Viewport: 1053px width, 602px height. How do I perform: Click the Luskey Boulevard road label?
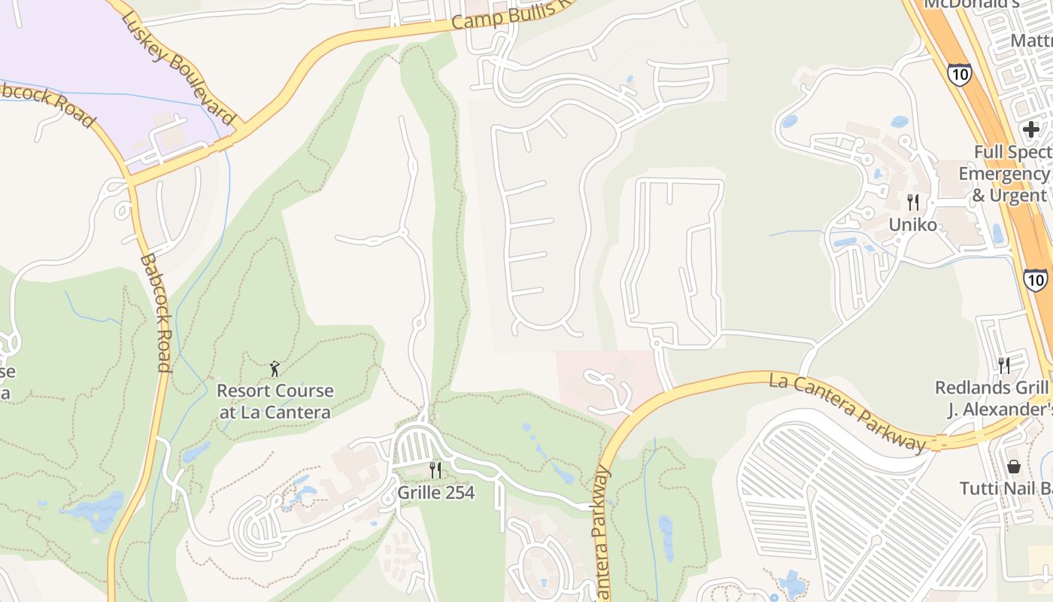(178, 68)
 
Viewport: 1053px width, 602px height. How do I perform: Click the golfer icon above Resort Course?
(275, 369)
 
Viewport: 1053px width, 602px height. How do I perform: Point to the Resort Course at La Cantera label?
(275, 401)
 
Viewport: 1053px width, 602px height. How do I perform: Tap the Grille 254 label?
(436, 494)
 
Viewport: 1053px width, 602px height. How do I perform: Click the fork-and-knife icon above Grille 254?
(435, 470)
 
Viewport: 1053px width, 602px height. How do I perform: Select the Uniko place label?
(913, 224)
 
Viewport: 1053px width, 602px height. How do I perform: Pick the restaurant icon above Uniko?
(913, 202)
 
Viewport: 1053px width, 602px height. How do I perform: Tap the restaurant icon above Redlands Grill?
(1004, 365)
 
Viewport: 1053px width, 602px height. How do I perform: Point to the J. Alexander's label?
(1000, 409)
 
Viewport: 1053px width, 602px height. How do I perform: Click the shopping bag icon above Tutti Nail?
(1013, 467)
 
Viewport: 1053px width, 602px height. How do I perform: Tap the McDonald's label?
(970, 4)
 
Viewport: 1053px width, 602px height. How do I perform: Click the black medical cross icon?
(1030, 129)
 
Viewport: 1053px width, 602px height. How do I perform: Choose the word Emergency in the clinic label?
(1003, 174)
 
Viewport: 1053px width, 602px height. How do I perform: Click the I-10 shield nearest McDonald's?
(959, 74)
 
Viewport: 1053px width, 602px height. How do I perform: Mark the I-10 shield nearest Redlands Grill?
(1036, 280)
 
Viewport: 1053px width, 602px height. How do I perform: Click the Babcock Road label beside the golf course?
(156, 313)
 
